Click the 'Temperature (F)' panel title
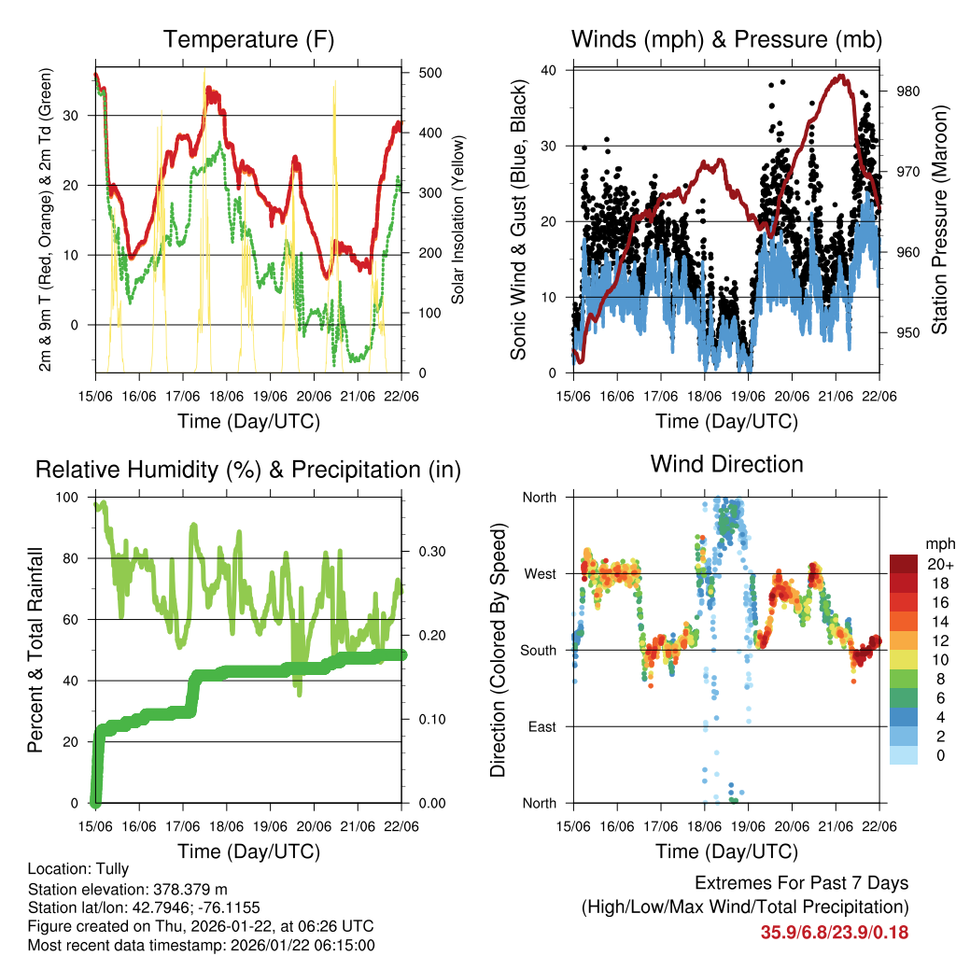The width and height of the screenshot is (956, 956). click(x=248, y=39)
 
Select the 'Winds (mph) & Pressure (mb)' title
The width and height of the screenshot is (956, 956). click(x=726, y=39)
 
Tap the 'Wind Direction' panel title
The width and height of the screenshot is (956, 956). click(x=726, y=463)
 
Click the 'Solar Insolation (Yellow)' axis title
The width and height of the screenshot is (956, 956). click(x=457, y=221)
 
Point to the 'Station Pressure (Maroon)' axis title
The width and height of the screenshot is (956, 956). click(x=939, y=221)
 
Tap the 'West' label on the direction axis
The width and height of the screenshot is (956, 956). click(x=540, y=573)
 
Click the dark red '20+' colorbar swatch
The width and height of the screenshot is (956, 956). click(x=903, y=564)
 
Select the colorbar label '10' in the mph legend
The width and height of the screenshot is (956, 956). click(x=934, y=659)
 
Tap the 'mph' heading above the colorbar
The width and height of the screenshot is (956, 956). click(x=938, y=543)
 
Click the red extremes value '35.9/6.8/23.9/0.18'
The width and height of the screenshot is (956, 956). click(x=835, y=932)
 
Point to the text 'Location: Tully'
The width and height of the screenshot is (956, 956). click(x=78, y=868)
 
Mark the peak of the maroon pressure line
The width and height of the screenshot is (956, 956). click(x=842, y=77)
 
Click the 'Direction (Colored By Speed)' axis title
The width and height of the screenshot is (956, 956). click(x=498, y=650)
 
